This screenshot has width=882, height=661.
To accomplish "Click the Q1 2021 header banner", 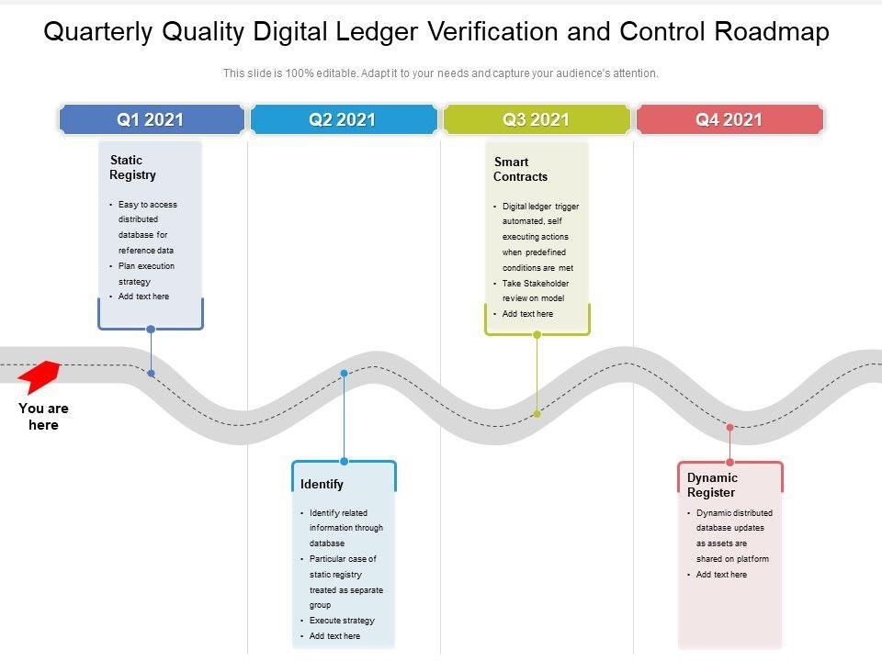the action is (151, 119).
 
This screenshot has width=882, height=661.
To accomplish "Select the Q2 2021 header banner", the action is (343, 119).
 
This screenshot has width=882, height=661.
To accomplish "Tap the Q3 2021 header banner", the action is (536, 119).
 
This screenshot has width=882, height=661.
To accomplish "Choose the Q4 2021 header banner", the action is (729, 119).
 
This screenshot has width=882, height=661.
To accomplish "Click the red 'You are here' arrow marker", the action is (40, 375).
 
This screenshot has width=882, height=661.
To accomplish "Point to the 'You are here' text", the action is (43, 417).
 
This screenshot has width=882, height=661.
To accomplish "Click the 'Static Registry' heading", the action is (132, 167).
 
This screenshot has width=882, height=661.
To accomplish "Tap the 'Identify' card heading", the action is (322, 484).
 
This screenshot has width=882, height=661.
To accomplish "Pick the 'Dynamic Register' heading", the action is (712, 485).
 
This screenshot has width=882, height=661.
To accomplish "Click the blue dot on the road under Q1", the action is (151, 374).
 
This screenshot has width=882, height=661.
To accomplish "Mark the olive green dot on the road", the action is (537, 414).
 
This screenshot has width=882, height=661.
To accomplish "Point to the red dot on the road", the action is (730, 427).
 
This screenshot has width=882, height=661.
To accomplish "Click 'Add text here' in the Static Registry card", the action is (143, 297).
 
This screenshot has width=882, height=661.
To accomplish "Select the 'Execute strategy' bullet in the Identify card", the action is (342, 621).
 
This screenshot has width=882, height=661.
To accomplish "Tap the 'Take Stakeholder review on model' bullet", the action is (535, 291).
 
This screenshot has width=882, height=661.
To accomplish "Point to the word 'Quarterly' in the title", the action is (98, 32).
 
